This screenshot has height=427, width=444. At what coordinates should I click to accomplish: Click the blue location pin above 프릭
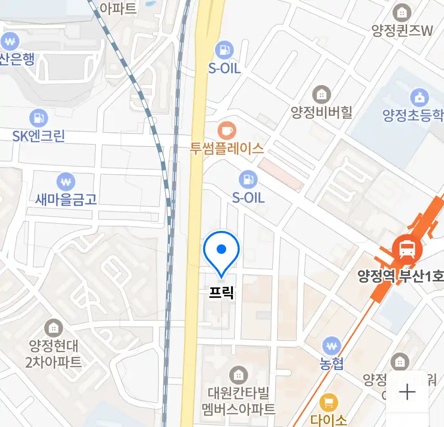[221, 251]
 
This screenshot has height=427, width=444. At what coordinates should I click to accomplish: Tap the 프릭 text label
[221, 293]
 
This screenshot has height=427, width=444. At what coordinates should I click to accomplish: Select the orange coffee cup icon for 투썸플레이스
[227, 130]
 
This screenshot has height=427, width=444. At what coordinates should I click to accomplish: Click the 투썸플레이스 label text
[227, 149]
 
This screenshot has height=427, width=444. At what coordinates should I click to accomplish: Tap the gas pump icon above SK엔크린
[39, 118]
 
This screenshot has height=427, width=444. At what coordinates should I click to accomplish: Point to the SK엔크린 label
[39, 136]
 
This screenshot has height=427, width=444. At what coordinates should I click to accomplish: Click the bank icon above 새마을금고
[66, 182]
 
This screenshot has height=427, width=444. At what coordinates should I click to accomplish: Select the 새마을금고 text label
[66, 199]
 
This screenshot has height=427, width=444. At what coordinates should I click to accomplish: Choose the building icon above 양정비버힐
[322, 94]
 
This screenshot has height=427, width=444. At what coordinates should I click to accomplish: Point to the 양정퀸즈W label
[402, 31]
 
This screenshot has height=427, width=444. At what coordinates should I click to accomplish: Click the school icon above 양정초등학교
[419, 97]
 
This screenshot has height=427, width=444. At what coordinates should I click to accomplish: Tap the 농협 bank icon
[332, 346]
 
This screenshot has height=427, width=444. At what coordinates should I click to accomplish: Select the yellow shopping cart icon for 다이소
[328, 402]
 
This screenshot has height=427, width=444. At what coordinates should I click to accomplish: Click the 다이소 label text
[328, 419]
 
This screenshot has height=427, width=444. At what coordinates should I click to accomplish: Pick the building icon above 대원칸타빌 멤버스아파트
[238, 374]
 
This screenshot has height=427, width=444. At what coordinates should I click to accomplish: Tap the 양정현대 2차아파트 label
[53, 354]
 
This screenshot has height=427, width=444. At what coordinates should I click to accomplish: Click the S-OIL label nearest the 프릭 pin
[248, 197]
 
